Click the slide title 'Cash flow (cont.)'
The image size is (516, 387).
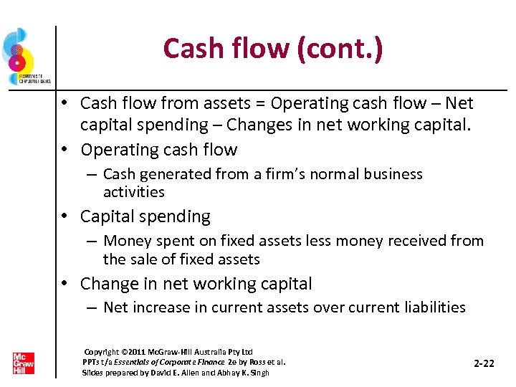pyautogui.click(x=272, y=49)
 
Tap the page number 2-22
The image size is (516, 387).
pyautogui.click(x=484, y=363)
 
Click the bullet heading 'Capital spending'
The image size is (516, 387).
pyautogui.click(x=145, y=216)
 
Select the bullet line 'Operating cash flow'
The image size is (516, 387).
pyautogui.click(x=158, y=150)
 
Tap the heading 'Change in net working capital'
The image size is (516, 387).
pyautogui.click(x=196, y=284)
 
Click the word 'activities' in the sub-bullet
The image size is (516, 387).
pyautogui.click(x=134, y=192)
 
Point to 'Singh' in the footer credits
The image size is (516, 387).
pyautogui.click(x=258, y=373)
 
